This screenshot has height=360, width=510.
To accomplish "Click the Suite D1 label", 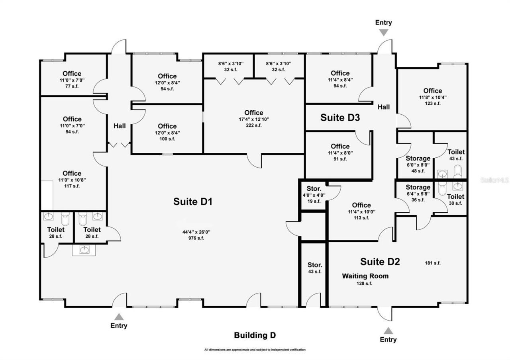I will pyautogui.click(x=192, y=202).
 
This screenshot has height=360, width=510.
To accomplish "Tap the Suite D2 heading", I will pyautogui.click(x=380, y=262).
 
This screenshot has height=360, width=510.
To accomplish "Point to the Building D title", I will pyautogui.click(x=255, y=335).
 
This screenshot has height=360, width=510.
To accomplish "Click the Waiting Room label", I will pyautogui.click(x=365, y=276).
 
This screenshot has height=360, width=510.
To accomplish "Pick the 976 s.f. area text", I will pyautogui.click(x=193, y=238).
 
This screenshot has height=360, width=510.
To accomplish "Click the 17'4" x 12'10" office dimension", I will pyautogui.click(x=254, y=119).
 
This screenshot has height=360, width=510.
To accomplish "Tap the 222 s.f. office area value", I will pyautogui.click(x=254, y=125).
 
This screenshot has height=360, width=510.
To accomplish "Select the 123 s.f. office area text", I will pyautogui.click(x=432, y=103).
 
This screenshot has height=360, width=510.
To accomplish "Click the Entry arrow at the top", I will pyautogui.click(x=383, y=32).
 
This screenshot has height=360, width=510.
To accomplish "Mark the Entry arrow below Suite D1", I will pyautogui.click(x=119, y=317).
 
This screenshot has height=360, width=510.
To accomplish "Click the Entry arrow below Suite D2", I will pyautogui.click(x=388, y=331).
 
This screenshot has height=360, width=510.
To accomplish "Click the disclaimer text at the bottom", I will pyautogui.click(x=255, y=350).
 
